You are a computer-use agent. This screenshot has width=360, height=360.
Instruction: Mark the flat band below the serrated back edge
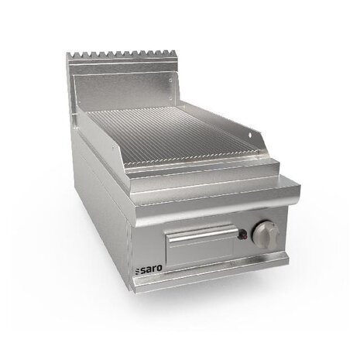click(124, 68)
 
